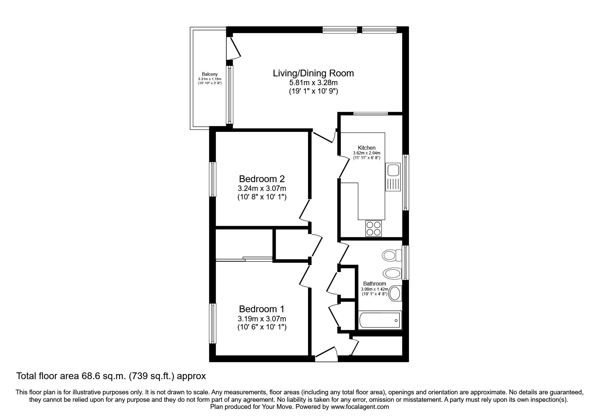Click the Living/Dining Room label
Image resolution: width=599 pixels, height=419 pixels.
(x=313, y=73)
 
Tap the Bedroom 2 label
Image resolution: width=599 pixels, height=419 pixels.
(x=262, y=179)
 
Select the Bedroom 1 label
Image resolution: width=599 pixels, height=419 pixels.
(x=262, y=309)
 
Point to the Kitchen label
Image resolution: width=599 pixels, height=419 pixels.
(x=367, y=148)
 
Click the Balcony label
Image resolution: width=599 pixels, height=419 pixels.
(x=210, y=74)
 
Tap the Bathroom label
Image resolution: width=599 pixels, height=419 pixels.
(x=374, y=284)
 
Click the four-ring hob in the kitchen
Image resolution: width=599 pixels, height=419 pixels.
(x=373, y=228)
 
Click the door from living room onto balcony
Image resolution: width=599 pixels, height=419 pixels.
(x=234, y=48)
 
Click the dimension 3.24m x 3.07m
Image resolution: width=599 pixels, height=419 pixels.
(x=262, y=188)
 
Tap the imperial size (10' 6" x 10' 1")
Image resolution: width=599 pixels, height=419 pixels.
(x=262, y=327)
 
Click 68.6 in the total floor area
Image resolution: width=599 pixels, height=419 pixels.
(x=89, y=376)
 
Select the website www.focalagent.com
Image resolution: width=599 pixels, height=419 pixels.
(x=360, y=407)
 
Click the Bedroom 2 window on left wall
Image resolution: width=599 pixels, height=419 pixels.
(x=213, y=179)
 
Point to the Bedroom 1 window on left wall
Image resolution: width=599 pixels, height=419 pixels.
(x=213, y=323)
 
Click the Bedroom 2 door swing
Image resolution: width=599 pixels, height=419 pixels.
(x=304, y=211)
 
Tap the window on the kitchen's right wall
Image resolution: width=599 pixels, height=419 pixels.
(x=406, y=182)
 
